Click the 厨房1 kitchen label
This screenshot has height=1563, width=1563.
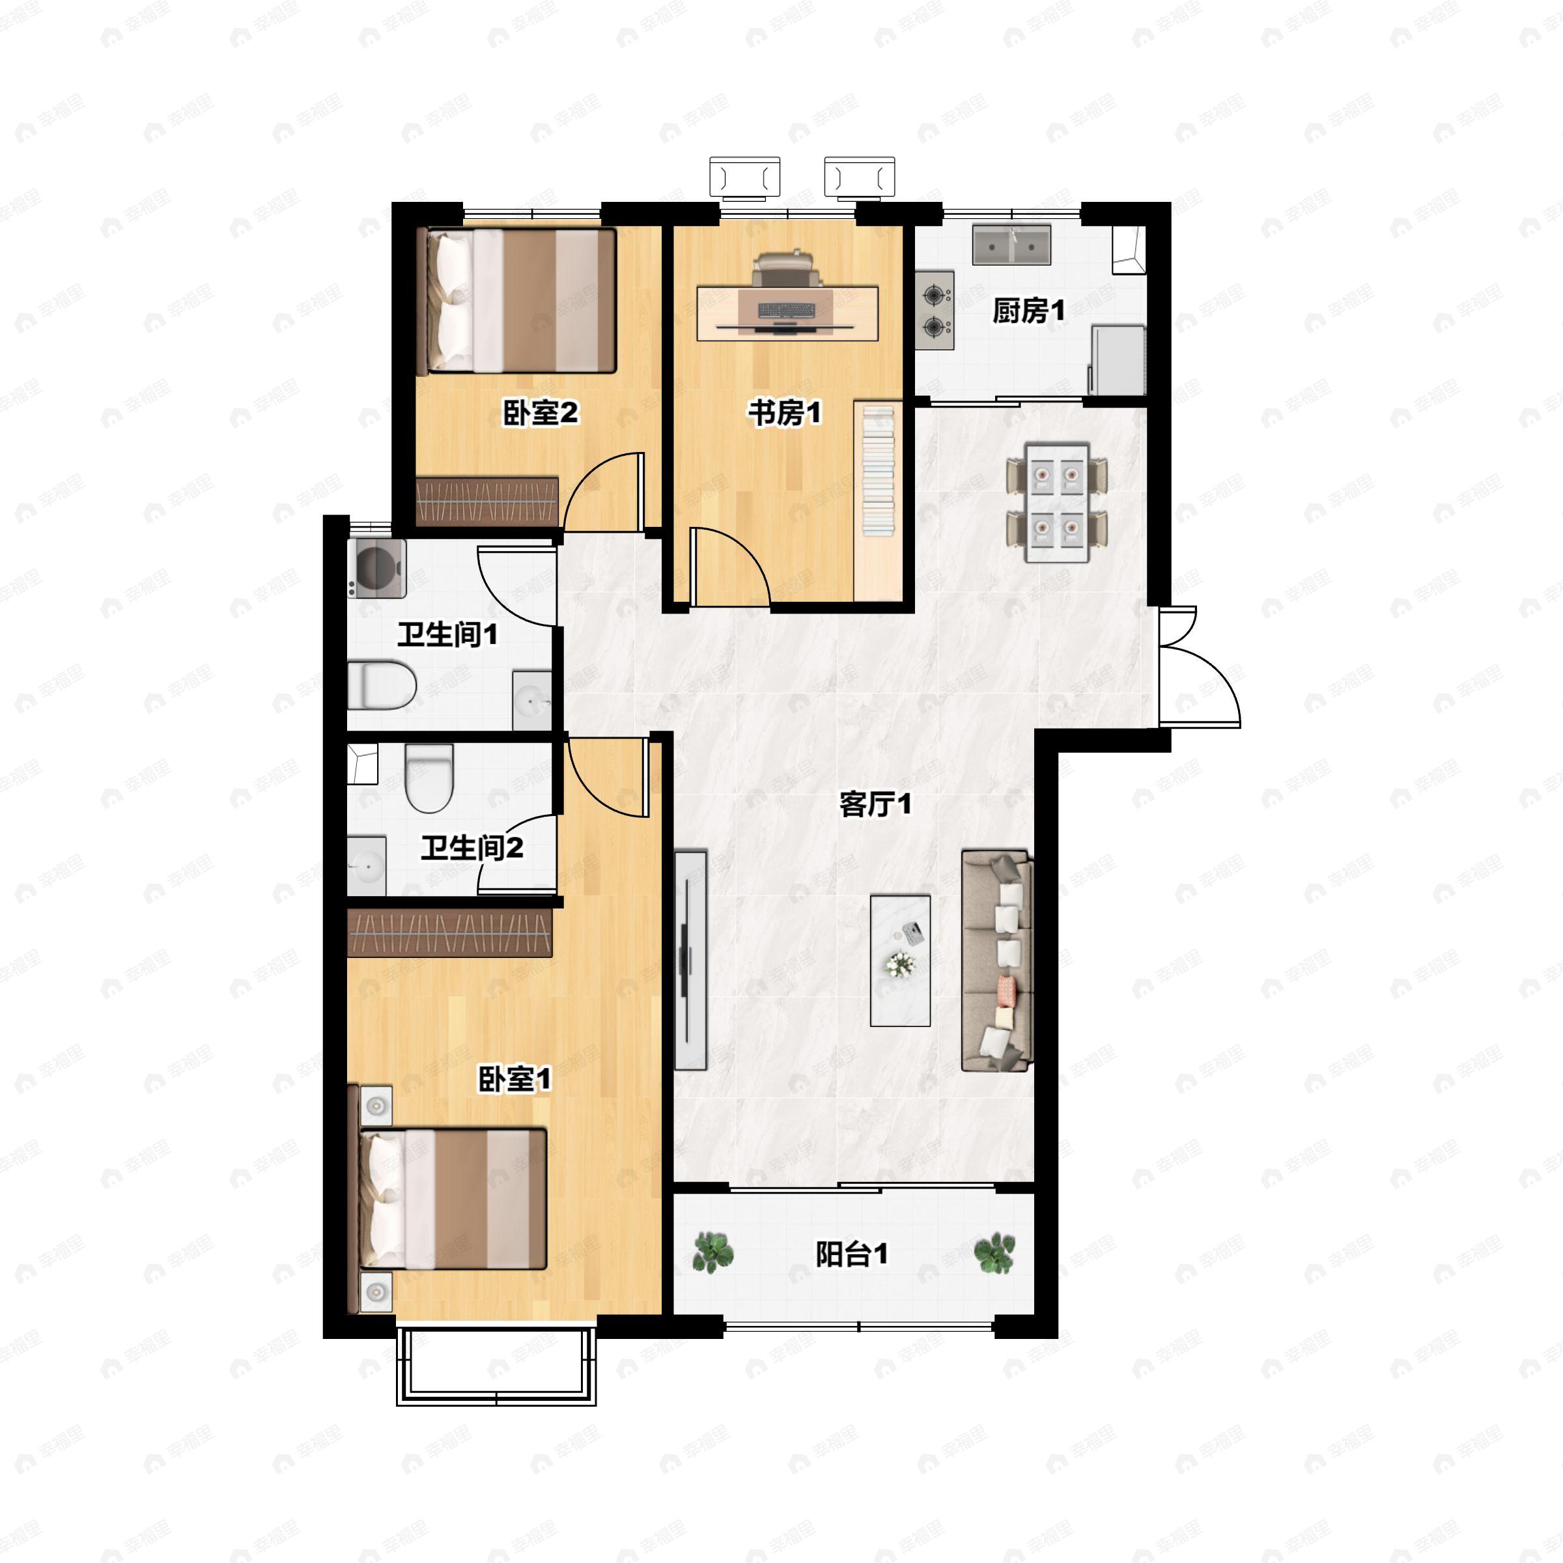(1028, 311)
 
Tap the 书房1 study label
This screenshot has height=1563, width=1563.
(784, 414)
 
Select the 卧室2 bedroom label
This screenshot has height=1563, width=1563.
(541, 414)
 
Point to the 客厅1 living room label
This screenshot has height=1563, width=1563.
(875, 804)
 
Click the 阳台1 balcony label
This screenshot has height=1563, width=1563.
(852, 1254)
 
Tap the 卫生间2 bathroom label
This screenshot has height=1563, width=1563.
(472, 848)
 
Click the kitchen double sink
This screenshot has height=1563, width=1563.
(1011, 245)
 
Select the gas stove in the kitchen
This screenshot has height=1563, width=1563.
(935, 311)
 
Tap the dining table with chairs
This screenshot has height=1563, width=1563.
(1056, 501)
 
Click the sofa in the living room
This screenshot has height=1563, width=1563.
(998, 961)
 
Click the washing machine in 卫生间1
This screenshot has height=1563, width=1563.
(376, 568)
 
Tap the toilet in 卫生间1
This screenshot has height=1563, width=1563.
(382, 685)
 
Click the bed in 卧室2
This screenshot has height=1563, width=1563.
(517, 301)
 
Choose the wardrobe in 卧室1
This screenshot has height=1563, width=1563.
(450, 933)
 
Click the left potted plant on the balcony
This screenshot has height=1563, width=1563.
(714, 1252)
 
